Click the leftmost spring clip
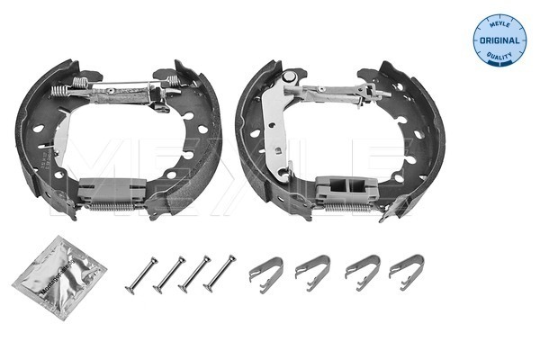pos(265,269)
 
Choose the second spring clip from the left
pos(312,269)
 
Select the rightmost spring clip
pos(406,269)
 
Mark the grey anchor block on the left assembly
pos(112,190)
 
